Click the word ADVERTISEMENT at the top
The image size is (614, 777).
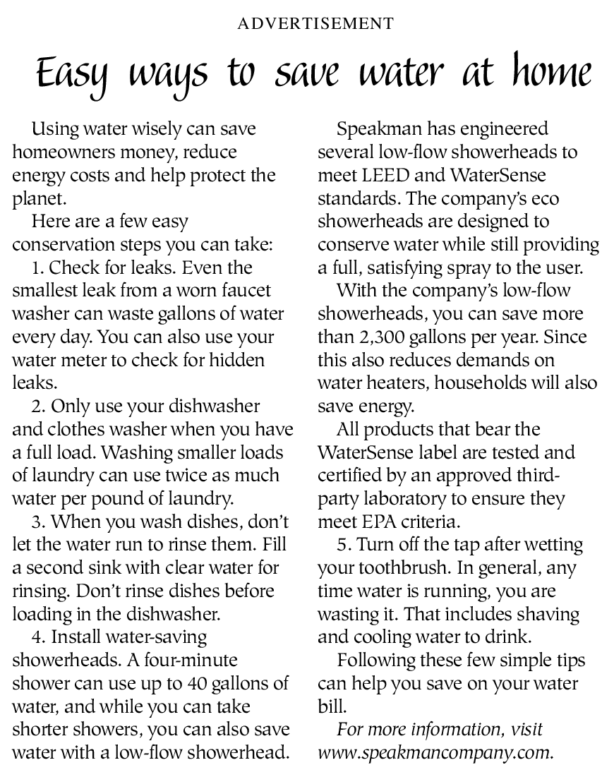[315, 24]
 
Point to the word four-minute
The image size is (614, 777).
[193, 661]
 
